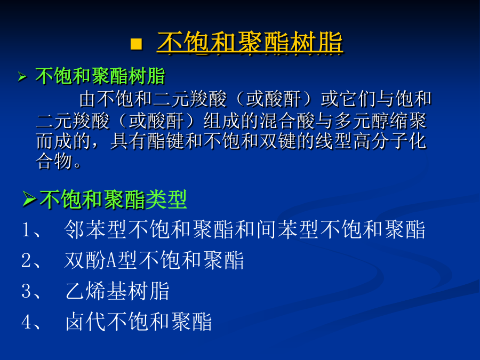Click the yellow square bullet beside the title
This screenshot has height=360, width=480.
136,44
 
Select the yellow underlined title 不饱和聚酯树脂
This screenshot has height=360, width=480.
250,42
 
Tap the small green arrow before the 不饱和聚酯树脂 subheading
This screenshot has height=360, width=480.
22,76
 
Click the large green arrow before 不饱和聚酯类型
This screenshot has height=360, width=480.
30,199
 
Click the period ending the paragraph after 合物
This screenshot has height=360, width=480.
77,165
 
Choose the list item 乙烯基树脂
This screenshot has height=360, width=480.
117,291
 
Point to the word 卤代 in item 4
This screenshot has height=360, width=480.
86,321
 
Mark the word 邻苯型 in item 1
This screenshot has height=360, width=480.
95,229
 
